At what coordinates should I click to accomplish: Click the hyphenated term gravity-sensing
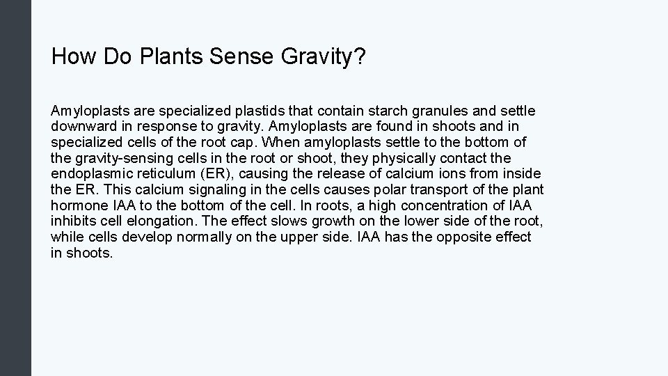click(x=119, y=158)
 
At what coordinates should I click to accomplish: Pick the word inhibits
click(x=72, y=221)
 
